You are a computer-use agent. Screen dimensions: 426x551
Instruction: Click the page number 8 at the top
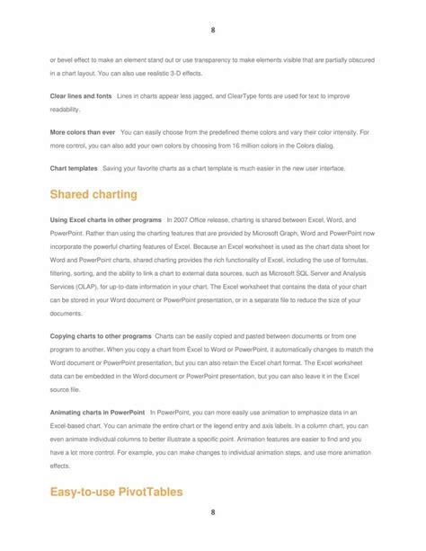212,30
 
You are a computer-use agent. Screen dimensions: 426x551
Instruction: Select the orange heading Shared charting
93,193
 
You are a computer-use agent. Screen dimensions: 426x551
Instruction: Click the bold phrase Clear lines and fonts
80,94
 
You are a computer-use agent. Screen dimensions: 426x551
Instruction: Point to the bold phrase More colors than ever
82,132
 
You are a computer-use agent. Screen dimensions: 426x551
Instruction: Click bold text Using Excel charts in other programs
105,219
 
